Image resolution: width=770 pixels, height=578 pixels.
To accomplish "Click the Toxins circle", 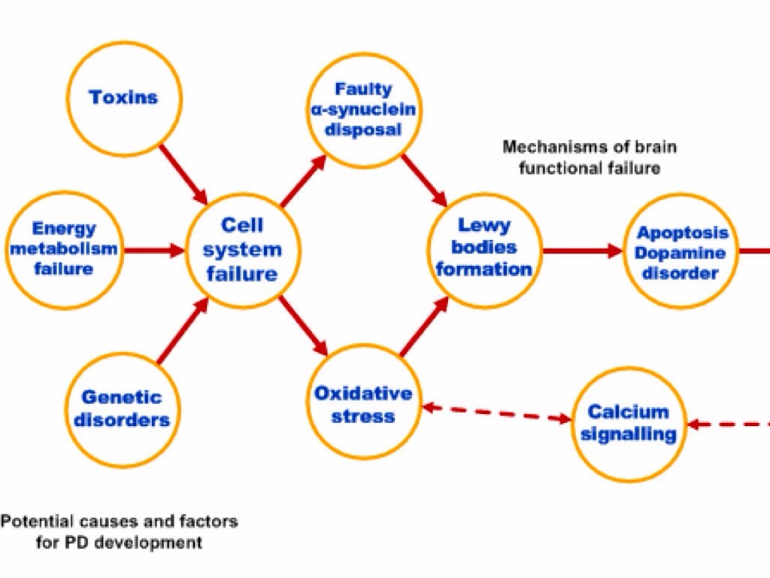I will pyautogui.click(x=124, y=97).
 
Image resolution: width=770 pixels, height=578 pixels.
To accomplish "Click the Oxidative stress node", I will pyautogui.click(x=363, y=404).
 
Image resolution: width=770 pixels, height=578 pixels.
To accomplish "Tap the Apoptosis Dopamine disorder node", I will pyautogui.click(x=681, y=252).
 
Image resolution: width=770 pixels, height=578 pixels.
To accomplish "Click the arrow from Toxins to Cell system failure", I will pyautogui.click(x=183, y=175).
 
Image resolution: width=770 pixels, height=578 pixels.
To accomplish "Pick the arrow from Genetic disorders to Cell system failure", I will pyautogui.click(x=183, y=330).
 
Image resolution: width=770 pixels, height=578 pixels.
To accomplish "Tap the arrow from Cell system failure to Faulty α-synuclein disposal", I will pyautogui.click(x=304, y=181).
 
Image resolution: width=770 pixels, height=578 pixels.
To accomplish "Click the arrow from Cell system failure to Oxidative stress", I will pyautogui.click(x=304, y=326).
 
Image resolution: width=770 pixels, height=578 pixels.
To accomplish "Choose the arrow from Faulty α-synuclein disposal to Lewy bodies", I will pyautogui.click(x=424, y=179).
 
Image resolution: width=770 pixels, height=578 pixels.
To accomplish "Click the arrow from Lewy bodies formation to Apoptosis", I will pyautogui.click(x=583, y=251).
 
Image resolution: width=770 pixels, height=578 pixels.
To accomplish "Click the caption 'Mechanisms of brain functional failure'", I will pyautogui.click(x=589, y=157).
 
